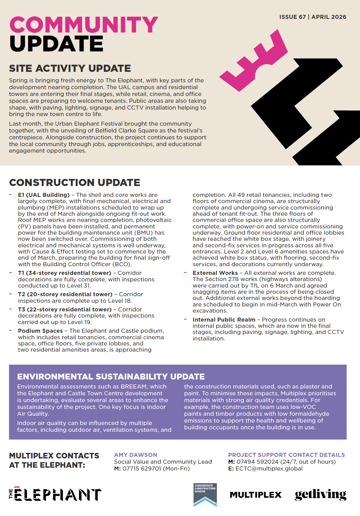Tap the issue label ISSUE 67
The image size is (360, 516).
[292, 17]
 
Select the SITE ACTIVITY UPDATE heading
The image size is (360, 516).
[70, 68]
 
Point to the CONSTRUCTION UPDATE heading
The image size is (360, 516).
[75, 183]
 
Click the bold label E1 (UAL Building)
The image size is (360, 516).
[44, 195]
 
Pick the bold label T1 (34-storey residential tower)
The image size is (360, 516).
[64, 273]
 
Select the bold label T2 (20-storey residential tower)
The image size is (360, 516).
[65, 294]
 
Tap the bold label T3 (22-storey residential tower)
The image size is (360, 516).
[65, 310]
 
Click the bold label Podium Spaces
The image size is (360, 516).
[40, 331]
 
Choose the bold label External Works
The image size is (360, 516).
[215, 273]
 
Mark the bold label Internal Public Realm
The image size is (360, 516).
[224, 320]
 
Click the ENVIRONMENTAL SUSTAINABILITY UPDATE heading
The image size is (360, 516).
[111, 377]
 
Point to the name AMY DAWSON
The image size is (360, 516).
[136, 455]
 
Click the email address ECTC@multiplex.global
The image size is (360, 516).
[269, 469]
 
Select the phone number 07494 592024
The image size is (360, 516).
[257, 462]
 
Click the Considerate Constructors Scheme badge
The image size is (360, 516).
[205, 495]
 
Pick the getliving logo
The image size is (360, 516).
[320, 495]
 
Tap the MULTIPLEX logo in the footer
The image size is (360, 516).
[256, 495]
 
